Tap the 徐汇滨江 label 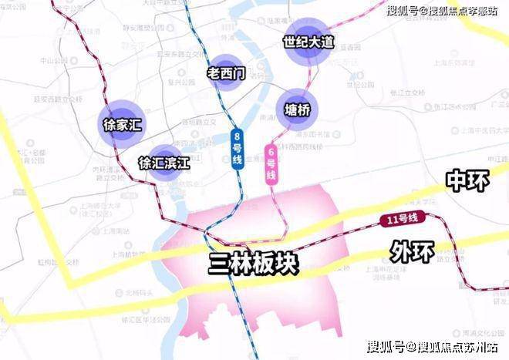[163, 163]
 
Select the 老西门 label [227, 74]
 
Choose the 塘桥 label [298, 110]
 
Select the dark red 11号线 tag [402, 220]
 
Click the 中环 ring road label [467, 181]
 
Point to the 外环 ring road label [411, 251]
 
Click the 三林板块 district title [254, 264]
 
